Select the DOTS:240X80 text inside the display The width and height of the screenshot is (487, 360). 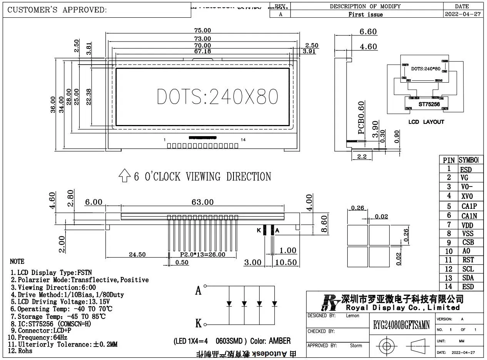217,97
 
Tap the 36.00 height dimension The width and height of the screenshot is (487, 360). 53,105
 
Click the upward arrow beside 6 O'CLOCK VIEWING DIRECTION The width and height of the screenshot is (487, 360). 124,176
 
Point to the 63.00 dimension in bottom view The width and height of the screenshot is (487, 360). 203,202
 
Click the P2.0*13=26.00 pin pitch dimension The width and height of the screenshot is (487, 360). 202,254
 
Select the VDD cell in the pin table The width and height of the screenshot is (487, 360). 467,225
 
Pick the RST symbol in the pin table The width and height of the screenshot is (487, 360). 468,260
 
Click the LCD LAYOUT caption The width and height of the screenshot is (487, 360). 426,122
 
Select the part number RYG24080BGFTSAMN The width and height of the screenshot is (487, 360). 401,325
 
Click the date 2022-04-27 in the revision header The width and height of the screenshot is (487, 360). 462,14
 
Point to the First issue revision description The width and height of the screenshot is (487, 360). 365,14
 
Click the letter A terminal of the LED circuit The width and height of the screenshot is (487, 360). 198,290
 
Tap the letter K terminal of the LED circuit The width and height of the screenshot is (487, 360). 198,323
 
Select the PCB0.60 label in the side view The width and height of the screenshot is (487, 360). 361,118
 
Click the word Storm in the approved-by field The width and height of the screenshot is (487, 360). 356,345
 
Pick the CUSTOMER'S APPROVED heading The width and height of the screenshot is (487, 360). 57,10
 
